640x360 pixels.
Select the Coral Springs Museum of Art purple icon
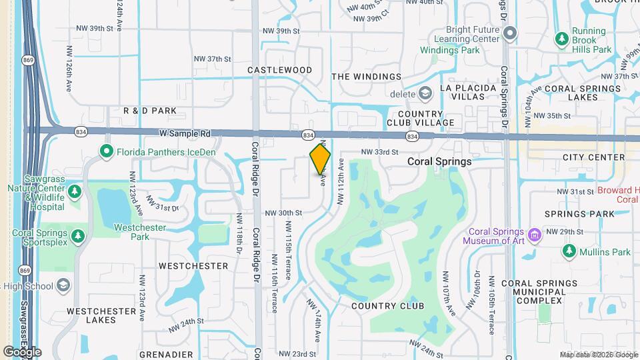(x=534, y=235)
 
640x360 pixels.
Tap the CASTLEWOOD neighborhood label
(x=279, y=70)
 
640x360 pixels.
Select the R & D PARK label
(x=150, y=110)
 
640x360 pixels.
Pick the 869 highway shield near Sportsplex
(x=25, y=271)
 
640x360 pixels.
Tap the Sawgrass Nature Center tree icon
(x=75, y=192)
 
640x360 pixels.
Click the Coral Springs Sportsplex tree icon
(x=78, y=236)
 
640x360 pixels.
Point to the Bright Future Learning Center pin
(x=510, y=33)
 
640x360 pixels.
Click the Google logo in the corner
(x=22, y=351)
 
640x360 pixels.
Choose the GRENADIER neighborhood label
(x=167, y=354)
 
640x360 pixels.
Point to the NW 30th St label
(x=284, y=213)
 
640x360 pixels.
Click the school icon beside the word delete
(x=425, y=94)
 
